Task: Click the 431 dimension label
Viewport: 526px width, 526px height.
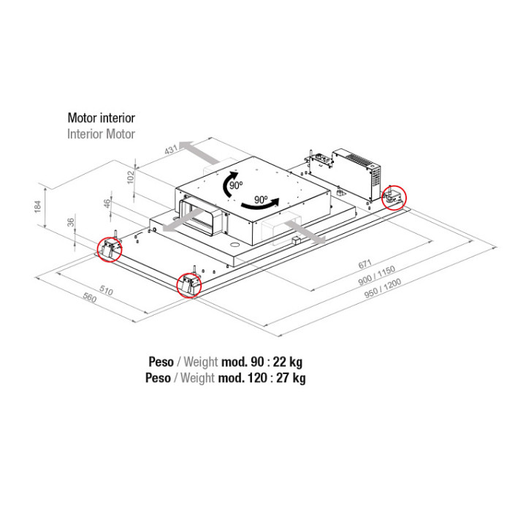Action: click(171, 150)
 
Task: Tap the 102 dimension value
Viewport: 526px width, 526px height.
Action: click(131, 177)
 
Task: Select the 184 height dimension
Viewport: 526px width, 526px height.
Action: click(37, 206)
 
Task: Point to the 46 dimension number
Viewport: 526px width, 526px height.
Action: click(107, 203)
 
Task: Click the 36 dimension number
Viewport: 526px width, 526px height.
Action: click(71, 222)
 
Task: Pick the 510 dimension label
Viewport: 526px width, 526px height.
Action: click(106, 290)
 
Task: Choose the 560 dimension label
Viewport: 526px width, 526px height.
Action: click(90, 297)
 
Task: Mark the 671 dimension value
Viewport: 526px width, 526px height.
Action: click(365, 264)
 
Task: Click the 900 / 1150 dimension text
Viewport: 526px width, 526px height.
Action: click(376, 275)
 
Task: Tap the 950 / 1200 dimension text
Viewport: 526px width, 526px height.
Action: click(383, 288)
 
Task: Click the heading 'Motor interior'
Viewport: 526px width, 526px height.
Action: click(102, 118)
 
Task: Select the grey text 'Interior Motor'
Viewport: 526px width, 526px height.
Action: click(101, 134)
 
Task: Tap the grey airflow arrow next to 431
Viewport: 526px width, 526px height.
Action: click(197, 151)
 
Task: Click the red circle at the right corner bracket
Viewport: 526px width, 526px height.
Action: click(394, 197)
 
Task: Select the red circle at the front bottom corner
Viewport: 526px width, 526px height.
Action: click(189, 286)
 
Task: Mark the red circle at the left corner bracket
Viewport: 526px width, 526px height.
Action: click(110, 249)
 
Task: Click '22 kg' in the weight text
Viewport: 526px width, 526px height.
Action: click(288, 362)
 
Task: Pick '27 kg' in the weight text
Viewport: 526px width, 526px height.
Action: click(291, 378)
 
